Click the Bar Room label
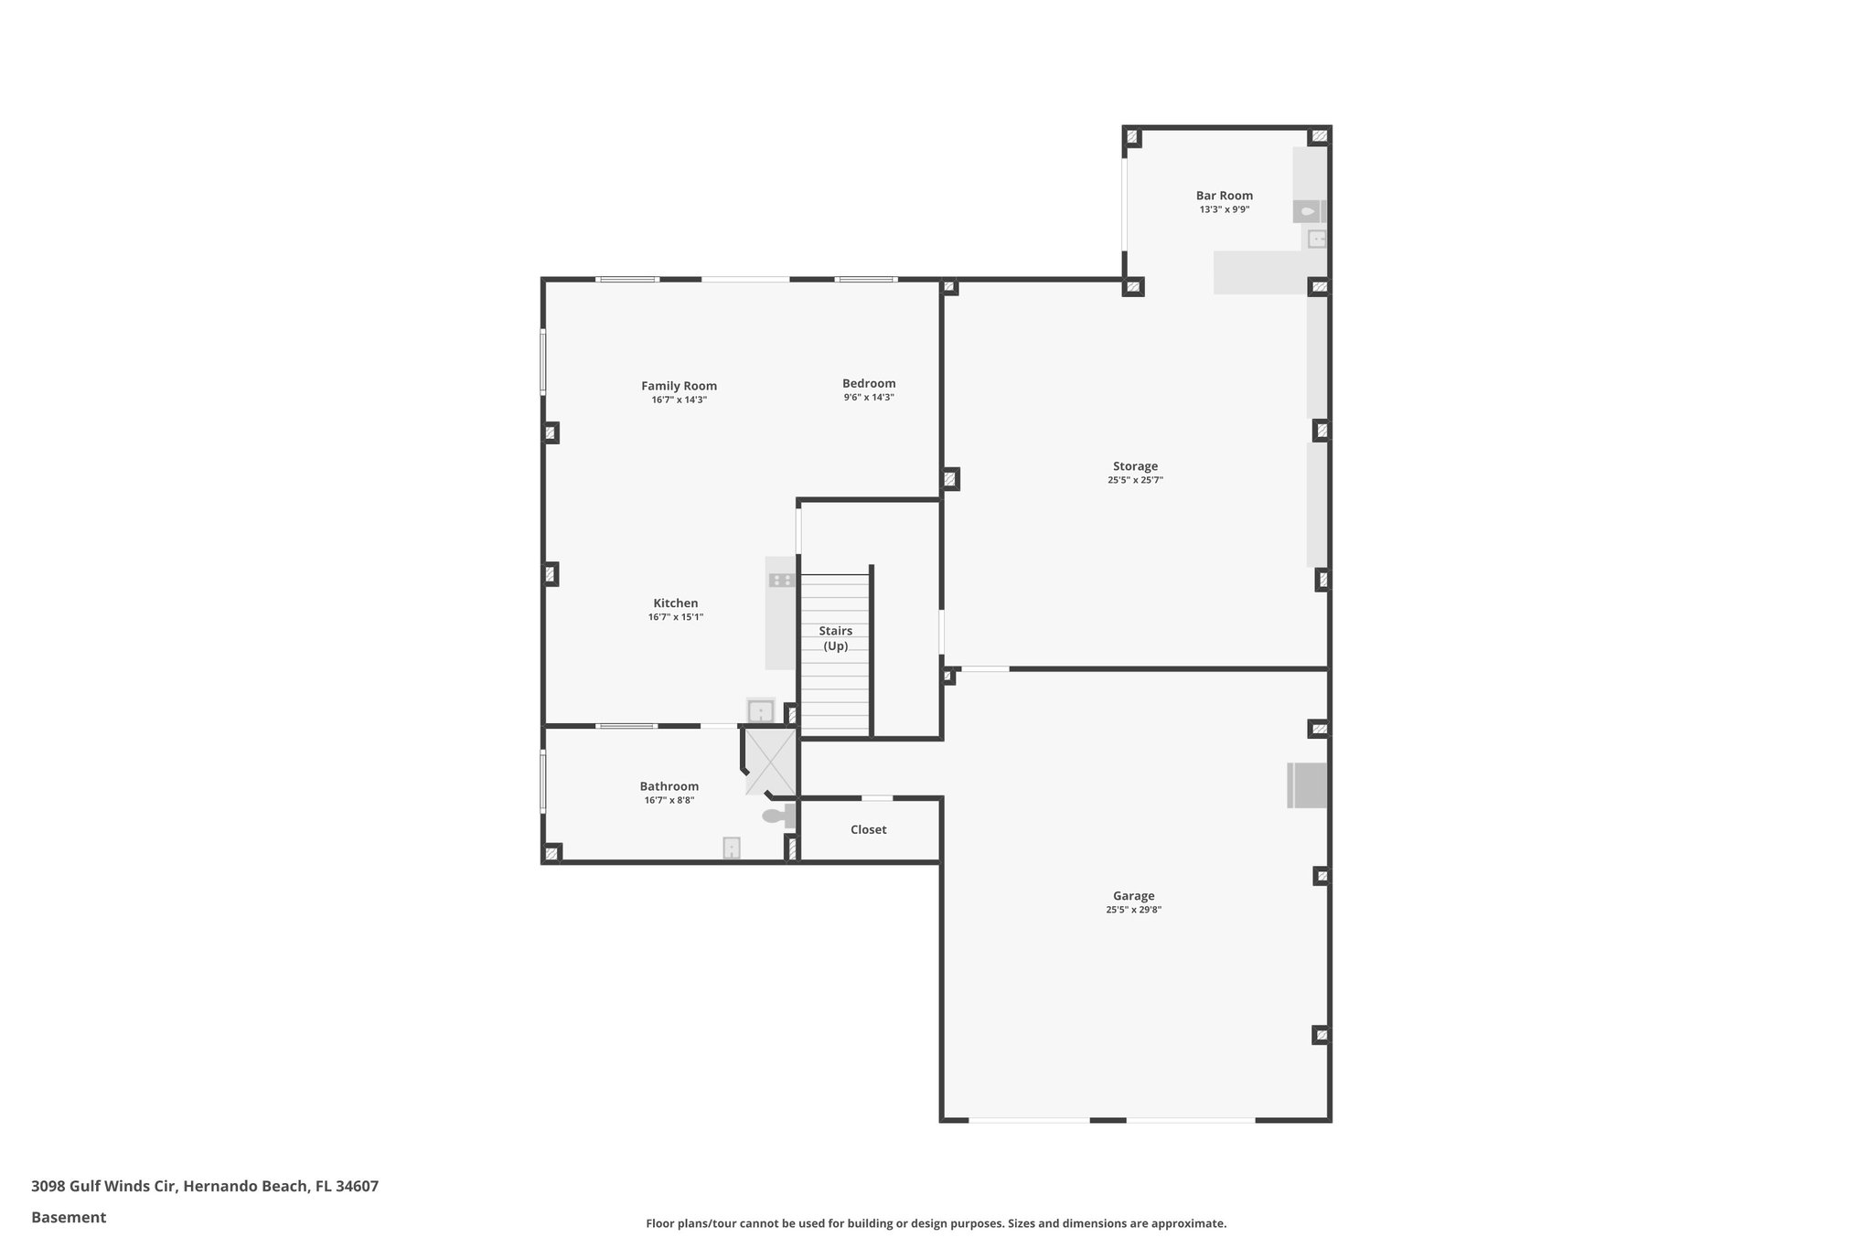pos(1224,196)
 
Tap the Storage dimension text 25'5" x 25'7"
pos(1135,480)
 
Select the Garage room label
pos(1133,896)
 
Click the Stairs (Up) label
pos(835,638)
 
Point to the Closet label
pos(868,830)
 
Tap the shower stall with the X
pos(770,762)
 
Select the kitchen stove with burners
pos(781,580)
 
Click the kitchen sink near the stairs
pos(761,710)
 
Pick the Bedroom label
pos(869,384)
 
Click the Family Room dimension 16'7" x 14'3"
pos(679,400)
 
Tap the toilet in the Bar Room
pos(1308,212)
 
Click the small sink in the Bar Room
pos(1316,240)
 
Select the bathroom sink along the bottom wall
pos(732,848)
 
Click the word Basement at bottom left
pos(69,1217)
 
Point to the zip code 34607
pos(357,1186)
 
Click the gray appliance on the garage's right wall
pos(1307,785)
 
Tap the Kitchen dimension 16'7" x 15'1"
pos(676,617)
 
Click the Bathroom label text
pos(669,786)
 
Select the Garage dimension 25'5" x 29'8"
pos(1133,910)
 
